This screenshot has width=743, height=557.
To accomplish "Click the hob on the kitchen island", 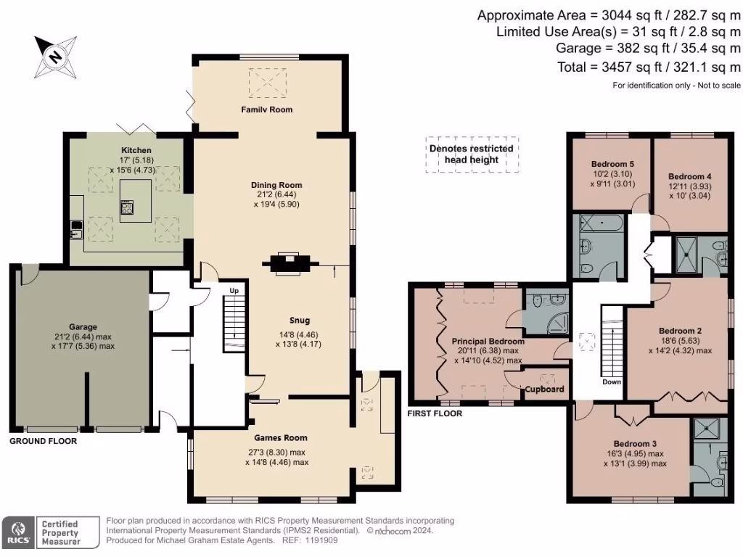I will (126, 208).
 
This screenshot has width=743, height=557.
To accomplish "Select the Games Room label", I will (280, 437).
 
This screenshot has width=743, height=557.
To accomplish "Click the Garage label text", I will (84, 327).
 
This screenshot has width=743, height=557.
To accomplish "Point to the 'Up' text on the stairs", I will (234, 291).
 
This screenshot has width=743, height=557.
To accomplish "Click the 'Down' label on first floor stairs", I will (612, 381).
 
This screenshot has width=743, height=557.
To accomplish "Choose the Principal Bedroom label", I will (488, 341).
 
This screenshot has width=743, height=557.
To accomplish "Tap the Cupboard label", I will (546, 389).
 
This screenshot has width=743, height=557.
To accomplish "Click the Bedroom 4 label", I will (689, 176).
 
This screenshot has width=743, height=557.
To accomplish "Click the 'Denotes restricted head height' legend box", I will (472, 154).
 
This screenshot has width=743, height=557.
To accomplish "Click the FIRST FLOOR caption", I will (435, 413).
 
